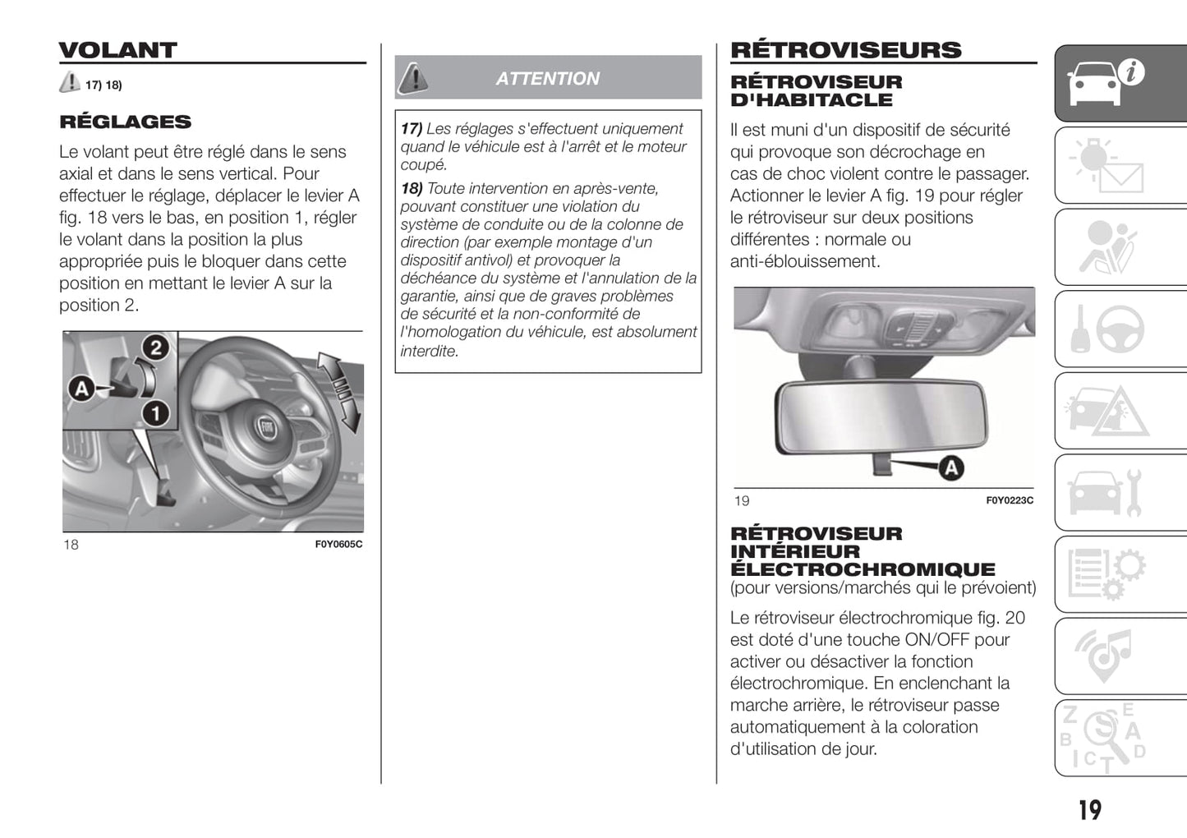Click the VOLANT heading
117,50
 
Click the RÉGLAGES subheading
125,122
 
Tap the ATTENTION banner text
547,79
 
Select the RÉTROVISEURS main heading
845,50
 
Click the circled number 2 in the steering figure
155,348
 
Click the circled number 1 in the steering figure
155,412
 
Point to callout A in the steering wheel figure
81,388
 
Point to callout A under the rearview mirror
950,468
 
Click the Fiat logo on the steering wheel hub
266,428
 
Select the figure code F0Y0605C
338,544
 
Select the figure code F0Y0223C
1010,500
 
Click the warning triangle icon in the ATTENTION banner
413,78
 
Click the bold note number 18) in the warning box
412,189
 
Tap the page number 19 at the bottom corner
1089,810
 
